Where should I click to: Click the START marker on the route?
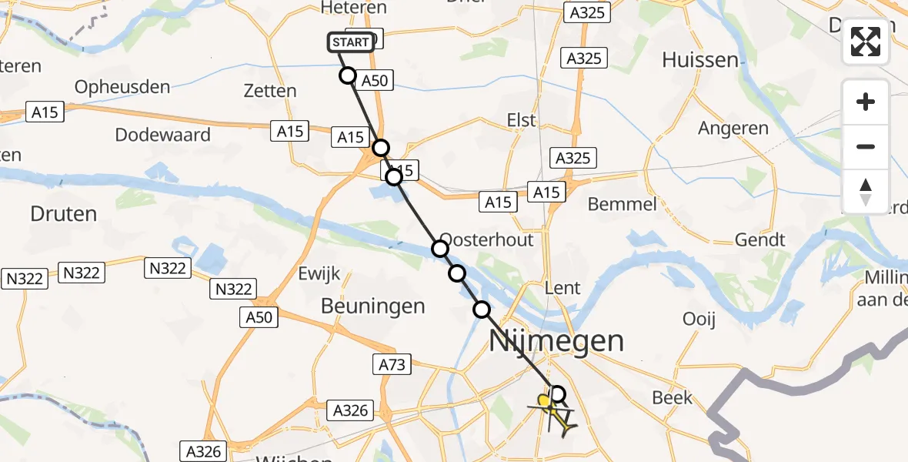352,42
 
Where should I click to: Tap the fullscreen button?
866,42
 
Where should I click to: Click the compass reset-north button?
866,192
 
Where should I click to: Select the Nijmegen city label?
557,340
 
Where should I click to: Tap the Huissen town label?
699,60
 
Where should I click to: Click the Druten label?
63,213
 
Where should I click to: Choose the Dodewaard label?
162,135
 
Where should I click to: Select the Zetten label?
269,91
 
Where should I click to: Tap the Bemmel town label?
622,204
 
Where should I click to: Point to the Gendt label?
759,239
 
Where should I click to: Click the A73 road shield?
392,363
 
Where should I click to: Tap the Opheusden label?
122,87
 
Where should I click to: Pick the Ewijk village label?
319,274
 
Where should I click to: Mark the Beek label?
672,398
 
